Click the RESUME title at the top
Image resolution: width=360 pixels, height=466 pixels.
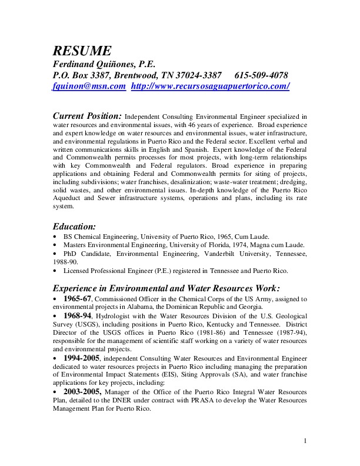(x=82, y=50)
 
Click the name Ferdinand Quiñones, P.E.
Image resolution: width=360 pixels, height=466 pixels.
(x=104, y=64)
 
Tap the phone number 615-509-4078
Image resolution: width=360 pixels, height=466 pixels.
(x=261, y=75)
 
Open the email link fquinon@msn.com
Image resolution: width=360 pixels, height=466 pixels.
(x=89, y=86)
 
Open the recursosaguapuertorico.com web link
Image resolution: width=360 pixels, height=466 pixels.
(x=210, y=86)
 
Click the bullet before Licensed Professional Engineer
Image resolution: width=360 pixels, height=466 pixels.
(x=55, y=270)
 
